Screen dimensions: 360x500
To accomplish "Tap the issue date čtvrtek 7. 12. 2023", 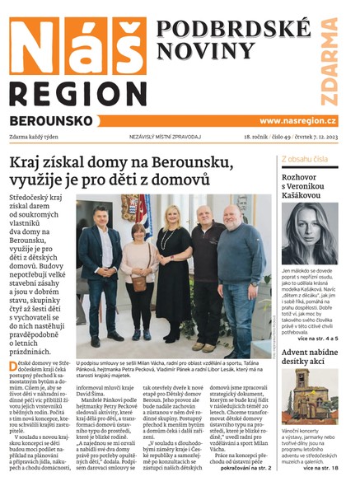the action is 323,138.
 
